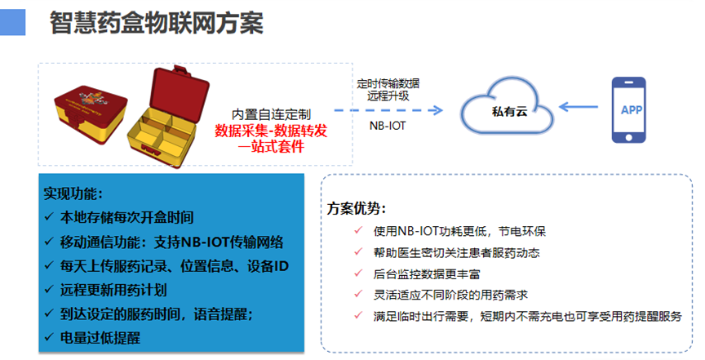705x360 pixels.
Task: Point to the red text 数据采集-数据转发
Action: point(270,131)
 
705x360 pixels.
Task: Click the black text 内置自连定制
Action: point(270,114)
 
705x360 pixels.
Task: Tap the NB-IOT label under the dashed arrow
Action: point(388,127)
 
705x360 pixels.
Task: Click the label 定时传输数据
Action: point(388,82)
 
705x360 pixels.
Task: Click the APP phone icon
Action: point(631,109)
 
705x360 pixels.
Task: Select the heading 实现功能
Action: point(73,194)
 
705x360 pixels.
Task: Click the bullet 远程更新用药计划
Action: point(113,289)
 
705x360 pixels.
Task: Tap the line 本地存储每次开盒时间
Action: point(126,218)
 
